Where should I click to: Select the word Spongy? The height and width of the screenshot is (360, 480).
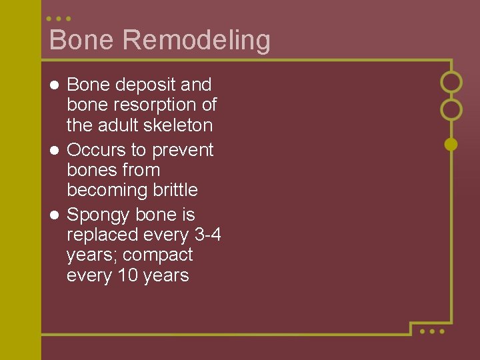tap(98, 215)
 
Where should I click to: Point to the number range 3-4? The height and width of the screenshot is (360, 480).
tap(208, 235)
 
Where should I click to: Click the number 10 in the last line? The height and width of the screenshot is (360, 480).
tap(127, 275)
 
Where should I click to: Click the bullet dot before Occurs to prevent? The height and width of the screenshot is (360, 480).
tap(55, 150)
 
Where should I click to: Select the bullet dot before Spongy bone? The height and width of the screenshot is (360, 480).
tap(55, 215)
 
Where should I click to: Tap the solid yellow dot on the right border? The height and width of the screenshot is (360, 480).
tap(451, 143)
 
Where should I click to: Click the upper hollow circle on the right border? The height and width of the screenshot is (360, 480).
tap(451, 82)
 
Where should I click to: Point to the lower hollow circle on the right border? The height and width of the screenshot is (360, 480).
tap(451, 109)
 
